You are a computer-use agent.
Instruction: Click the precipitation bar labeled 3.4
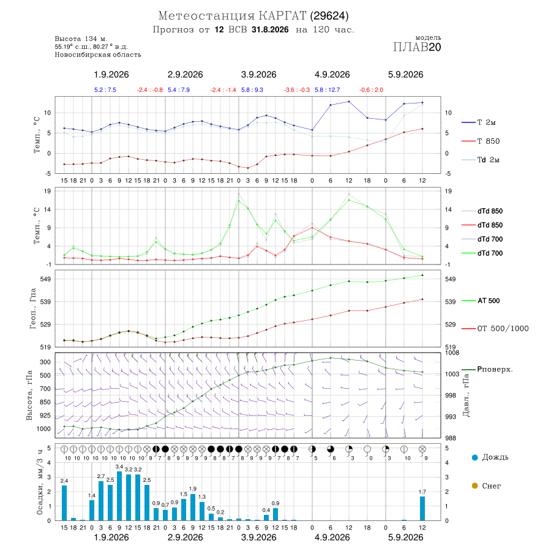tap(119, 496)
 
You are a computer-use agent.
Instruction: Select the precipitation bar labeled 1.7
tap(422, 508)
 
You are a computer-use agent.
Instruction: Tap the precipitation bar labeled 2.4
tap(64, 503)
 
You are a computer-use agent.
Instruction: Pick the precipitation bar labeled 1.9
tap(193, 507)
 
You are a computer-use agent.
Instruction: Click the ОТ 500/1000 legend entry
tap(495, 328)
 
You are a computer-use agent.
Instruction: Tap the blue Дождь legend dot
tap(474, 457)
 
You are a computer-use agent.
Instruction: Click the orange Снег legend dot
tap(474, 485)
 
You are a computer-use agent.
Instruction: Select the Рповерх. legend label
tap(495, 369)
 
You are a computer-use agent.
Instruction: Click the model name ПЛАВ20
tap(417, 47)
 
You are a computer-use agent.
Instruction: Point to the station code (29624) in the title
tap(329, 16)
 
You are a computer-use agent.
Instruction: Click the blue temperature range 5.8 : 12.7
tap(327, 90)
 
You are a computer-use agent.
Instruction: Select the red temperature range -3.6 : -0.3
tap(297, 90)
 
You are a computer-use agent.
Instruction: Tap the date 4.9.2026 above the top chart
tap(332, 75)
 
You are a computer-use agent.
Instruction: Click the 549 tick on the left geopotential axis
tap(46, 279)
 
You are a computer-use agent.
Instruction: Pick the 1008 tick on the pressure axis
tap(452, 353)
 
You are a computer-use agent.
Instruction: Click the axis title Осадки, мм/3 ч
tap(39, 482)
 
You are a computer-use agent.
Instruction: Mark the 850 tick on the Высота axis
tap(45, 402)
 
